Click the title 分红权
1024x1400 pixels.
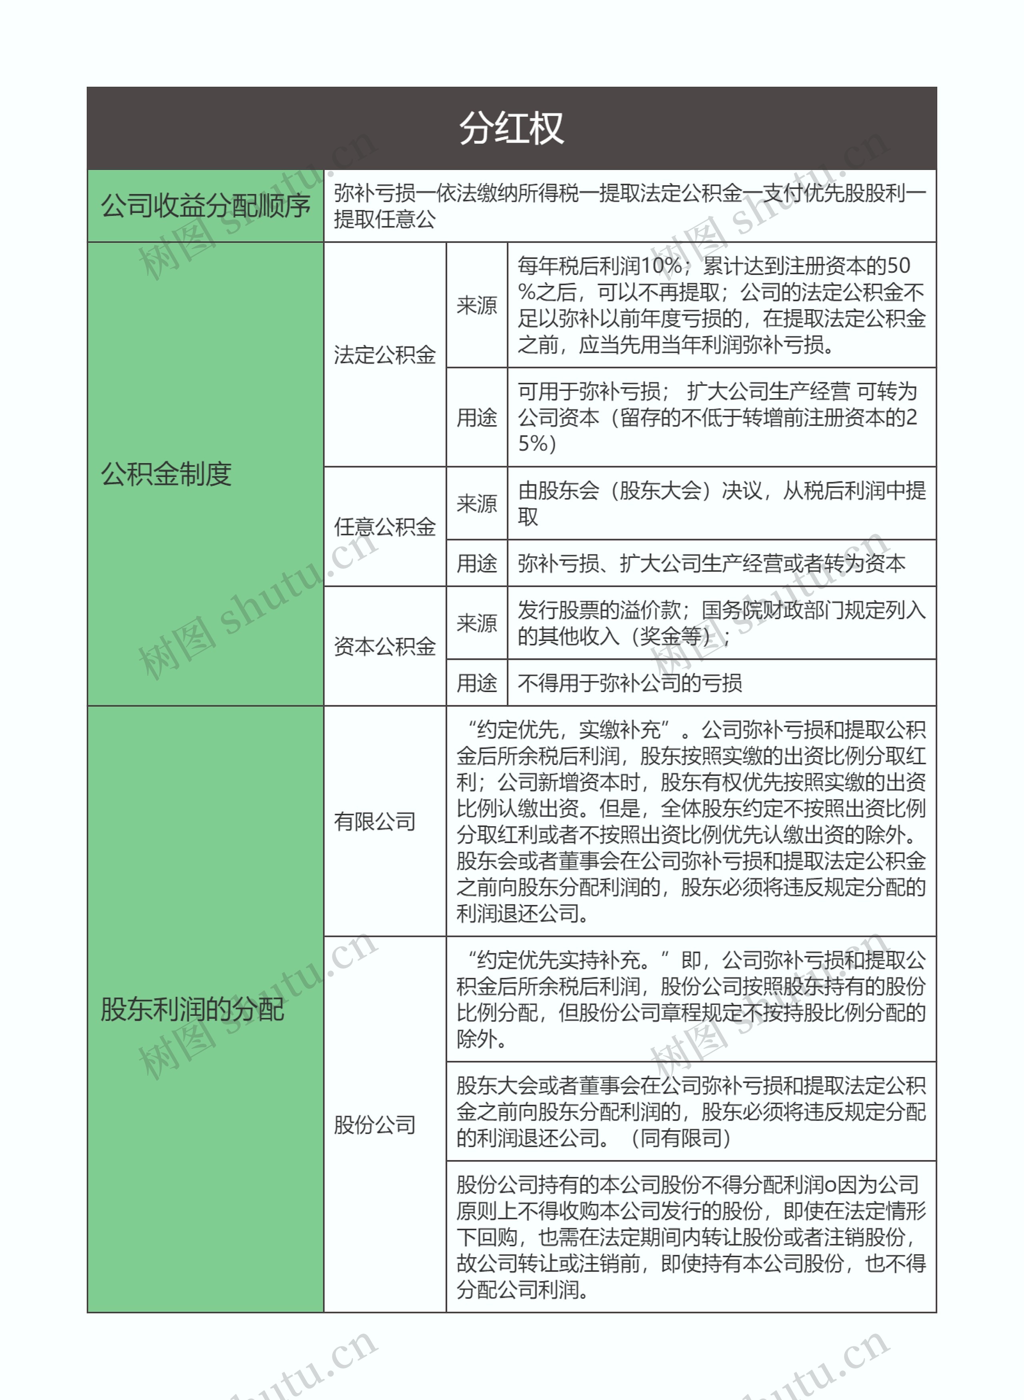(x=511, y=128)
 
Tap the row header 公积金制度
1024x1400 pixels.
(x=166, y=474)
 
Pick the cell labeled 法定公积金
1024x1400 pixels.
(x=384, y=354)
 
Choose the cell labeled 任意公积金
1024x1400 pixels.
(x=384, y=527)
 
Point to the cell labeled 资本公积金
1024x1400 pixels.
(x=384, y=646)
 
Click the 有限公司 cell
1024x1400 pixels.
(x=374, y=821)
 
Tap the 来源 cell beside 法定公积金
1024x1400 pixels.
(x=477, y=305)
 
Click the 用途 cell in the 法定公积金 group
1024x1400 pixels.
(x=477, y=417)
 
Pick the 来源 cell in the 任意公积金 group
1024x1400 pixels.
(x=477, y=503)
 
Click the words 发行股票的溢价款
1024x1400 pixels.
(x=599, y=611)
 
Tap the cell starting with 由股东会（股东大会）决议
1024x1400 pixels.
(x=721, y=503)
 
